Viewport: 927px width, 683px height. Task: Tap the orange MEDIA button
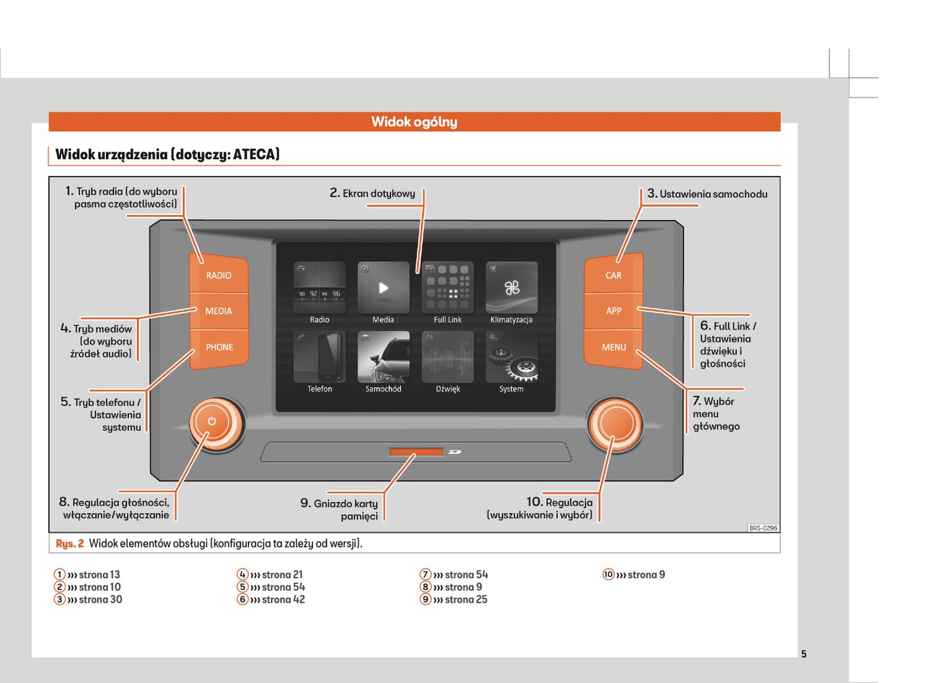point(219,311)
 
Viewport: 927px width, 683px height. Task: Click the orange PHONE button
point(219,347)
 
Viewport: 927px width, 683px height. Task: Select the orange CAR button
point(613,275)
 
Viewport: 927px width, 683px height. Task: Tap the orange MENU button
point(613,347)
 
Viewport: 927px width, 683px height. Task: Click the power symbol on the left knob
point(212,422)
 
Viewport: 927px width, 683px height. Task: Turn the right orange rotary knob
point(615,424)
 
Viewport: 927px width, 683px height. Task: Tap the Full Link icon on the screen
point(447,288)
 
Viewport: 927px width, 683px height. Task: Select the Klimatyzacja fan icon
point(511,288)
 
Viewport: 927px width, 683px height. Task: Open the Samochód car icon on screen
point(383,357)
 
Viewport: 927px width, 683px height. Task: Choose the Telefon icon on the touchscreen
point(319,357)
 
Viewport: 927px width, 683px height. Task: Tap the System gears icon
point(511,357)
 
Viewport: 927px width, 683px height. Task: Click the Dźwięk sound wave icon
point(447,357)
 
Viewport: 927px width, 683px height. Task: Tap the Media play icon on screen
point(383,288)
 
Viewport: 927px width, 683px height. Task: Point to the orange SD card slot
point(416,452)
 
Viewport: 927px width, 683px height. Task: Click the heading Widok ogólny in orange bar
point(414,122)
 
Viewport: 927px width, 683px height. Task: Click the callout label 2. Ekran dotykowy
point(373,193)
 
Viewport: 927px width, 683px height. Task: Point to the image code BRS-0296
point(763,528)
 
